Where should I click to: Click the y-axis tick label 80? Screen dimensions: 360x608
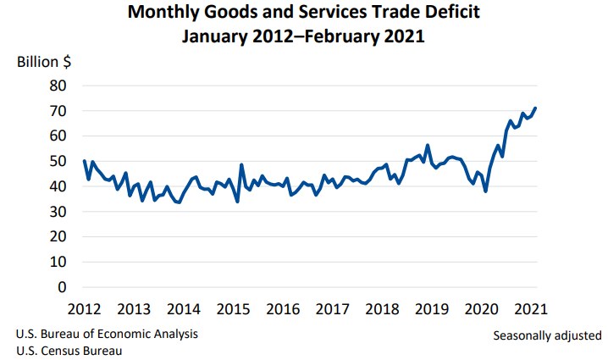pos(58,86)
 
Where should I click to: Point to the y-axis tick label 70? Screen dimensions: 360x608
pos(58,111)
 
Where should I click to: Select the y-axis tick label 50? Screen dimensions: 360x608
pos(58,161)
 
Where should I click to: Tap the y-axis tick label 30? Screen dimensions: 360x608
pos(58,212)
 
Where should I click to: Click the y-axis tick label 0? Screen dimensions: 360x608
pos(62,287)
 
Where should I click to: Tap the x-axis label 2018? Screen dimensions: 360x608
pos(384,308)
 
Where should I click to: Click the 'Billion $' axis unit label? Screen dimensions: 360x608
pos(43,62)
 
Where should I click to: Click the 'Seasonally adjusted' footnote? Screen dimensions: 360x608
pos(547,335)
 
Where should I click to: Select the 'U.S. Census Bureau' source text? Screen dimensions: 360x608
pos(69,351)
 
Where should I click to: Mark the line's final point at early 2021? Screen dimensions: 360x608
pos(535,108)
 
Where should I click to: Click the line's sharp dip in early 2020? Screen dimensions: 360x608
pos(486,191)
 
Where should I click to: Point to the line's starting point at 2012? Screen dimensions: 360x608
pos(85,161)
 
